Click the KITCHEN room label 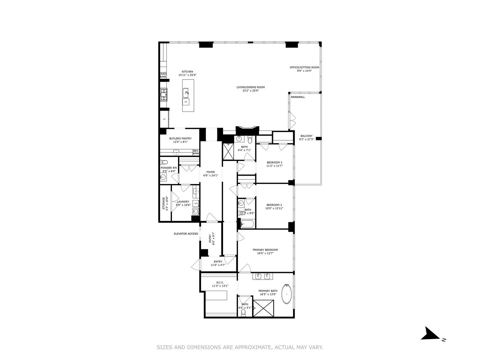[187, 72]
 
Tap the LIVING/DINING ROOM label [250, 87]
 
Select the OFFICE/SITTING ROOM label [304, 67]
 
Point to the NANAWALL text [298, 97]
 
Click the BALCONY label [306, 136]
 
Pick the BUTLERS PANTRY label [180, 138]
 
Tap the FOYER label [211, 172]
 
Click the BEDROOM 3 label [274, 163]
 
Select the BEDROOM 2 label [274, 205]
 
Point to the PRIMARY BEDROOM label [265, 250]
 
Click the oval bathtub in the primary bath [287, 294]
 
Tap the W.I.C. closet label [220, 282]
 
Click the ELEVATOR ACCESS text [186, 234]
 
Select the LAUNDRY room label [183, 202]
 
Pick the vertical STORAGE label [164, 203]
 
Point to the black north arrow [430, 334]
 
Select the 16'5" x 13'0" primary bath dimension [268, 294]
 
